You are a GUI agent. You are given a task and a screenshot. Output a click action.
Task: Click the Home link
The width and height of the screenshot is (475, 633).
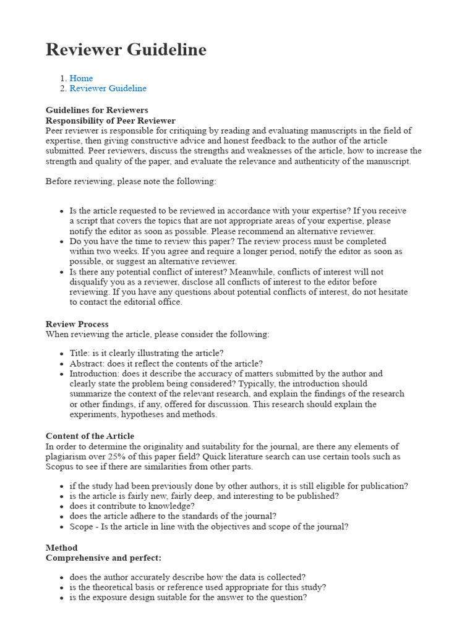point(81,79)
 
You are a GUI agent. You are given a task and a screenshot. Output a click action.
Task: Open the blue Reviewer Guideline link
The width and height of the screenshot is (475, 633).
point(108,88)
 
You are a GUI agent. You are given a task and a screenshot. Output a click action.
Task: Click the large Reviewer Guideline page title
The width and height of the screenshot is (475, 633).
point(126,49)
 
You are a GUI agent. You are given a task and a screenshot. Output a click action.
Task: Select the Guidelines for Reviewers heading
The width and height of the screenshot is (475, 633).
point(96,111)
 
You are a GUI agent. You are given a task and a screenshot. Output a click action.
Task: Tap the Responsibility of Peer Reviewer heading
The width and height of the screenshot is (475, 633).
point(110,121)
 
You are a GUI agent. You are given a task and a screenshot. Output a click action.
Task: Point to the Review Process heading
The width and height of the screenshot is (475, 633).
point(77,324)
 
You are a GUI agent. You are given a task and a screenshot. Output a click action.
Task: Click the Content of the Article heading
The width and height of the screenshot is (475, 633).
point(90,436)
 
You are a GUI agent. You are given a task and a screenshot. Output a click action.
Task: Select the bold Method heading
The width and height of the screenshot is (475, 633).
point(61,548)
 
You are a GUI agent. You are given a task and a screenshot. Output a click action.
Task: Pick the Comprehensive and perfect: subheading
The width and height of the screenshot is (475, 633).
point(103,558)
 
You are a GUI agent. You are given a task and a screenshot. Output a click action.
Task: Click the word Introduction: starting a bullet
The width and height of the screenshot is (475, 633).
point(94,374)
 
